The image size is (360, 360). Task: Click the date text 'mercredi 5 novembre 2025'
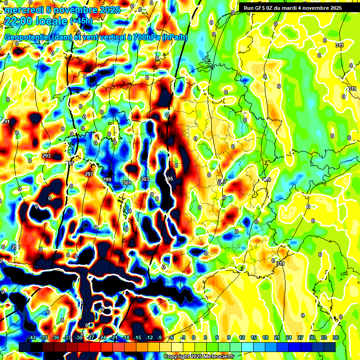pos(62,10)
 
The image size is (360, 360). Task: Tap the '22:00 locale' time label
pos(36,21)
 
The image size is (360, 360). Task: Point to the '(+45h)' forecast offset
pos(81,21)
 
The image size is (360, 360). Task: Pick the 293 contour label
pos(46,156)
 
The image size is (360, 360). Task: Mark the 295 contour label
pos(70,163)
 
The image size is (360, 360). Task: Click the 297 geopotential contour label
pos(89,174)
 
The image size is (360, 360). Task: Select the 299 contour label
pos(107,180)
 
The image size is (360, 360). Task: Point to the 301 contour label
pos(127,183)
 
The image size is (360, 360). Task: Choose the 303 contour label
pos(144,179)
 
